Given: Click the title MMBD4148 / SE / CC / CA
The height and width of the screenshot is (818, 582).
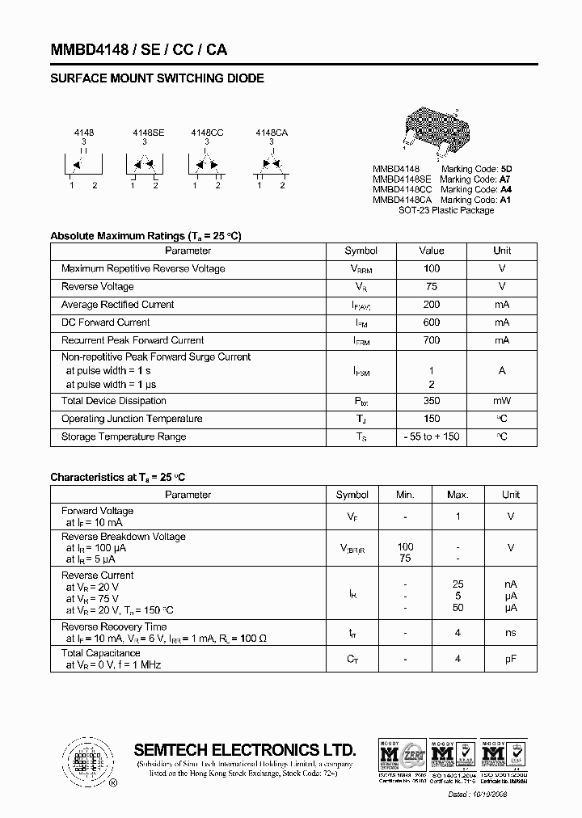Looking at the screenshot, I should click(x=138, y=49).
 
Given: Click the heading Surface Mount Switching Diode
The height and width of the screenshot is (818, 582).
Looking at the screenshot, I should click(x=157, y=78).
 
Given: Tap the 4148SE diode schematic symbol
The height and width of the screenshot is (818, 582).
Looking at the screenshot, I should click(x=144, y=165).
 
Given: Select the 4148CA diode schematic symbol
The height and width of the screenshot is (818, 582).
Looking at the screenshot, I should click(x=270, y=165).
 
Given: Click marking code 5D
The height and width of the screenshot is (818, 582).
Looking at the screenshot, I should click(x=506, y=168).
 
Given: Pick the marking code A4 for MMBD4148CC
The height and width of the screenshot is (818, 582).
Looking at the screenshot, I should click(x=505, y=189).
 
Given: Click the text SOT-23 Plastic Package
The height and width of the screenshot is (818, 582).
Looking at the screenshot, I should click(x=446, y=210).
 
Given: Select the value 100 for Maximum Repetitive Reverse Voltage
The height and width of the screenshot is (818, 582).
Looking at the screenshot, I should click(x=432, y=268).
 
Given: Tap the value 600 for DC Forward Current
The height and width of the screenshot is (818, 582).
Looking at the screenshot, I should click(x=432, y=323).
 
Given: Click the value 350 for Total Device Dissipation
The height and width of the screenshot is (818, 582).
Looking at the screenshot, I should click(x=432, y=401).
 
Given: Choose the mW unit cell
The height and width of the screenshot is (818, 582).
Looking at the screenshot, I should click(x=502, y=401).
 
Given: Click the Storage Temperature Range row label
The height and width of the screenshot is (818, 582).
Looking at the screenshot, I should click(x=124, y=436).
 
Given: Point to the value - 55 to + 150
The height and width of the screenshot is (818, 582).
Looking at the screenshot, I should click(x=432, y=436).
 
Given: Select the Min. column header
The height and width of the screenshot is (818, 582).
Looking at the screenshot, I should click(x=405, y=495).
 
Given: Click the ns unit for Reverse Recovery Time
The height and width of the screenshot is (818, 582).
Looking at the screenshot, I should click(x=510, y=633).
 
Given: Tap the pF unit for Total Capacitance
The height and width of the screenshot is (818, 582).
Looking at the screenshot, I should click(x=510, y=659).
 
